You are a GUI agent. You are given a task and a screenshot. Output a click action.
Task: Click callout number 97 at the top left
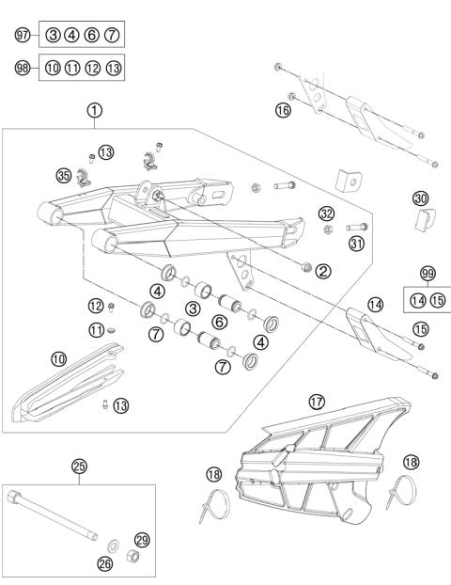pyautogui.click(x=23, y=35)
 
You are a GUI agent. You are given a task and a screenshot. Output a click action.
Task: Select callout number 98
pyautogui.click(x=23, y=68)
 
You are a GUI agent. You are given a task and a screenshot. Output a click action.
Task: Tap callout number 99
pyautogui.click(x=428, y=275)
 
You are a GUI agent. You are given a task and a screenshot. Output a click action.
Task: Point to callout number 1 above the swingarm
pyautogui.click(x=95, y=110)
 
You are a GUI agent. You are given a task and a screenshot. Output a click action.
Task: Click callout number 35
pyautogui.click(x=64, y=175)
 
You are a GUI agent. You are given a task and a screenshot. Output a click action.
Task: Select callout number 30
pyautogui.click(x=421, y=198)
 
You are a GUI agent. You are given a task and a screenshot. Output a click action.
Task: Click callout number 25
pyautogui.click(x=79, y=466)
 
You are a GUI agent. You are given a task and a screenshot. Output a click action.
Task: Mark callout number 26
pyautogui.click(x=103, y=563)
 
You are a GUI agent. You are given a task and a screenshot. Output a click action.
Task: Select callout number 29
pyautogui.click(x=142, y=539)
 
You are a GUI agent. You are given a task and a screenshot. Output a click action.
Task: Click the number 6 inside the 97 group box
pyautogui.click(x=91, y=35)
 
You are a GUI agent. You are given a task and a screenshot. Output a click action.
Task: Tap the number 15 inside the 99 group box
pyautogui.click(x=436, y=300)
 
